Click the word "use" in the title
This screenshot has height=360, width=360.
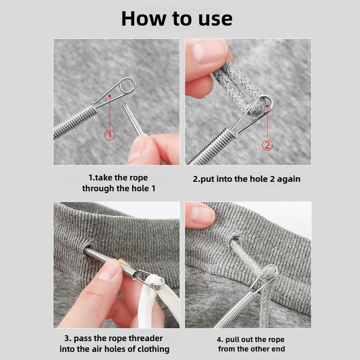click(214, 18)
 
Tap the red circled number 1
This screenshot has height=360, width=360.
click(110, 135)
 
